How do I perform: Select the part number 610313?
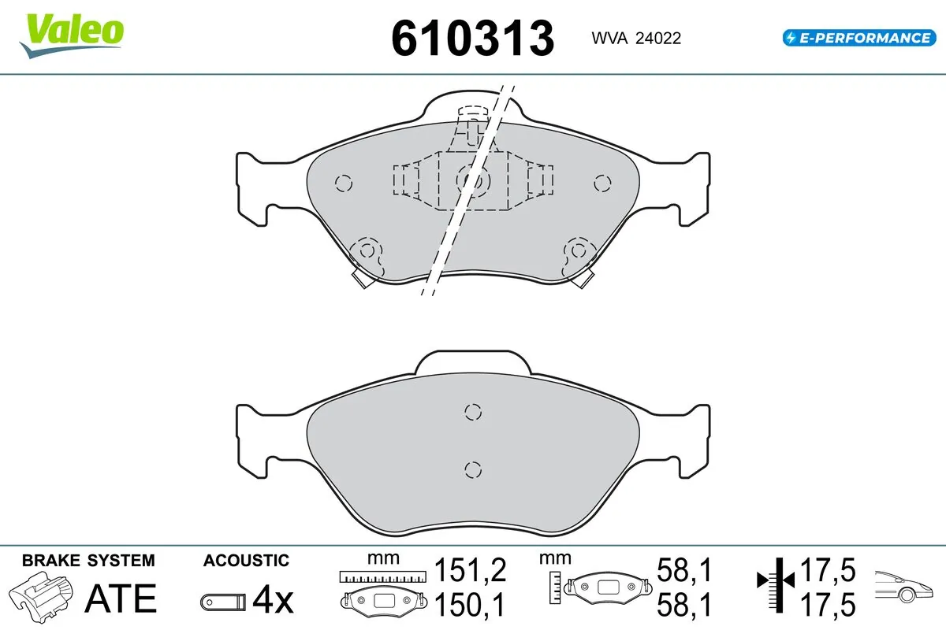[x=473, y=37]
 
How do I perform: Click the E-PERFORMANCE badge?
[x=858, y=37]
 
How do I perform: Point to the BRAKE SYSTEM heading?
[x=88, y=561]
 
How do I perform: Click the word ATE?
[x=121, y=599]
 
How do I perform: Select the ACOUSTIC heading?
[x=246, y=561]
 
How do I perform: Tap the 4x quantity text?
[x=273, y=601]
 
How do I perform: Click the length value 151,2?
[x=470, y=569]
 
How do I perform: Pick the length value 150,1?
[x=470, y=604]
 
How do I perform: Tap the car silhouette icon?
[x=906, y=586]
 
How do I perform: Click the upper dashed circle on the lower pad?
[x=473, y=412]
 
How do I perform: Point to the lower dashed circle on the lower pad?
[x=473, y=469]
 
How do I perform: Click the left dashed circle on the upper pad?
[x=343, y=183]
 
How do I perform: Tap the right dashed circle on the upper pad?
[x=602, y=183]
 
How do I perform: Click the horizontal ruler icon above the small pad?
[x=381, y=576]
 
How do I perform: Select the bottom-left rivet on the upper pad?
[x=367, y=252]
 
